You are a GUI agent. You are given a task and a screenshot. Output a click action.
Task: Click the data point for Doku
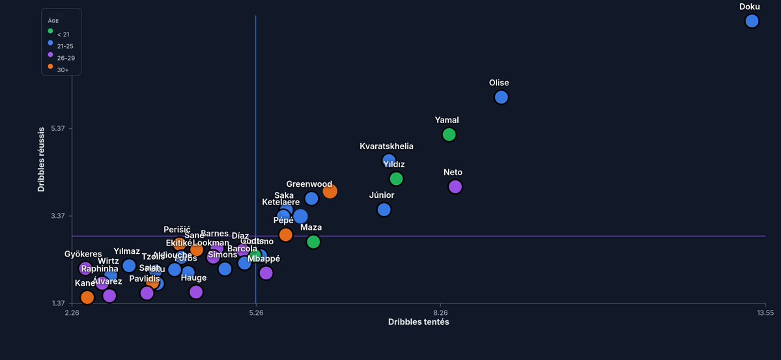pos(752,21)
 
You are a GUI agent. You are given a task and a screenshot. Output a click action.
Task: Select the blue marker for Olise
pos(501,97)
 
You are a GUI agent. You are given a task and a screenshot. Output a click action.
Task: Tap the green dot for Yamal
pos(449,135)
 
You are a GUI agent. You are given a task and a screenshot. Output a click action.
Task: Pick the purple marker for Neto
pos(455,187)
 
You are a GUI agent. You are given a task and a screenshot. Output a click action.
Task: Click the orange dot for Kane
pos(87,298)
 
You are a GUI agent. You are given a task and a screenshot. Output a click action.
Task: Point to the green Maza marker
pos(313,242)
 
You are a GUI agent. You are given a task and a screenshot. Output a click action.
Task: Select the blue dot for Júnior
pos(384,210)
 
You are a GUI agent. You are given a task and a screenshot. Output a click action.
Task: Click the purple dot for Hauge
pos(196,292)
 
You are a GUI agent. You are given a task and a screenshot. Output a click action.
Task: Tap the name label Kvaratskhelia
pos(386,146)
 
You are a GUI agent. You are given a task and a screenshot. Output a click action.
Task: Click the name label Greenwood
pos(309,184)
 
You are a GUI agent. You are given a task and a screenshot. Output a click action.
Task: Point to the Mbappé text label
pos(264,258)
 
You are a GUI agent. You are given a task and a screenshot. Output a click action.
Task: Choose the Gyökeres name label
pos(83,254)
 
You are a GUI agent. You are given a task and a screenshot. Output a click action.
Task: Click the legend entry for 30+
pos(62,69)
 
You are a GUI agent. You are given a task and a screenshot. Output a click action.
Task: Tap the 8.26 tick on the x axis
pos(441,313)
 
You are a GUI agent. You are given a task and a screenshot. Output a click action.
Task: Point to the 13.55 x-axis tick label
pos(764,313)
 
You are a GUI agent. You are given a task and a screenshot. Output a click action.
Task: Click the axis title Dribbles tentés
pos(418,322)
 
